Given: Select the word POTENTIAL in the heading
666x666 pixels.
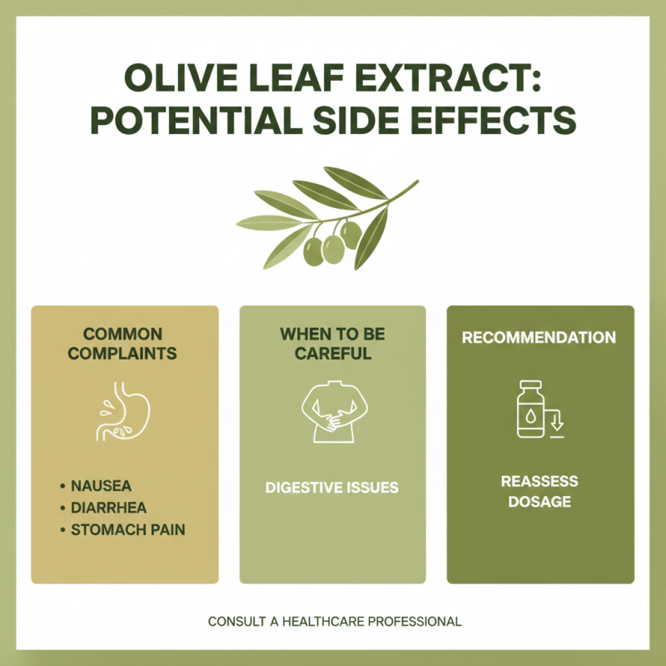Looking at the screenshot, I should [x=194, y=121].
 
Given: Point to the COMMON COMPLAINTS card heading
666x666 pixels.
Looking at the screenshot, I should [x=122, y=344].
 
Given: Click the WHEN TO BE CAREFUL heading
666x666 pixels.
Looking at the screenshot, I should [x=332, y=344].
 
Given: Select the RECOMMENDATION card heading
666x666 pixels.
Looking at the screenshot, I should [x=539, y=338].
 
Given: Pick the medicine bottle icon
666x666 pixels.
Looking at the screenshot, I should [x=529, y=410].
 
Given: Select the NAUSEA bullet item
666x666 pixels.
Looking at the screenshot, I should [x=101, y=485].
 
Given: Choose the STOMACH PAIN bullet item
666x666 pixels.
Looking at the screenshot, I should [x=127, y=529].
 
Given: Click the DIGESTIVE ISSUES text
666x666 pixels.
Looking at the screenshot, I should [x=332, y=488].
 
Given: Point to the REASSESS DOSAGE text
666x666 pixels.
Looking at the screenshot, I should [x=539, y=491].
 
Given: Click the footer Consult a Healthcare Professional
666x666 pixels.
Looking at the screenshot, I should [x=334, y=621].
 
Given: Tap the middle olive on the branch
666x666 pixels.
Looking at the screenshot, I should [x=333, y=249].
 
